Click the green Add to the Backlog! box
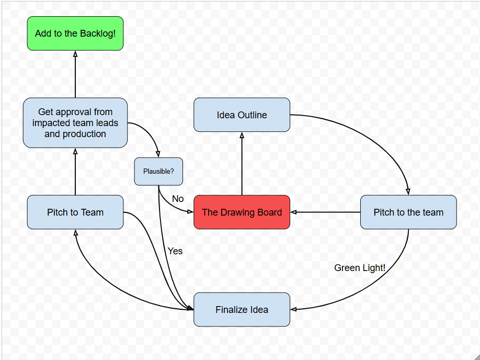coord(75,33)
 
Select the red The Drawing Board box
coord(242,212)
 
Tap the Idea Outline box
coord(242,115)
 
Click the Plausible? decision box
coord(158,172)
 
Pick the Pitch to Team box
coord(75,212)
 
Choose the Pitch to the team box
coord(408,212)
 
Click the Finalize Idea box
coord(242,310)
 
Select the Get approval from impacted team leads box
coord(75,123)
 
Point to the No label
coord(178,199)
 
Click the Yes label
coord(175,251)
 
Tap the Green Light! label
coord(360,268)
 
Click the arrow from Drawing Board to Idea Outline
coord(242,163)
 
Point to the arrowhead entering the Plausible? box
coord(158,154)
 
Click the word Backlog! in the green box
coord(98,33)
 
